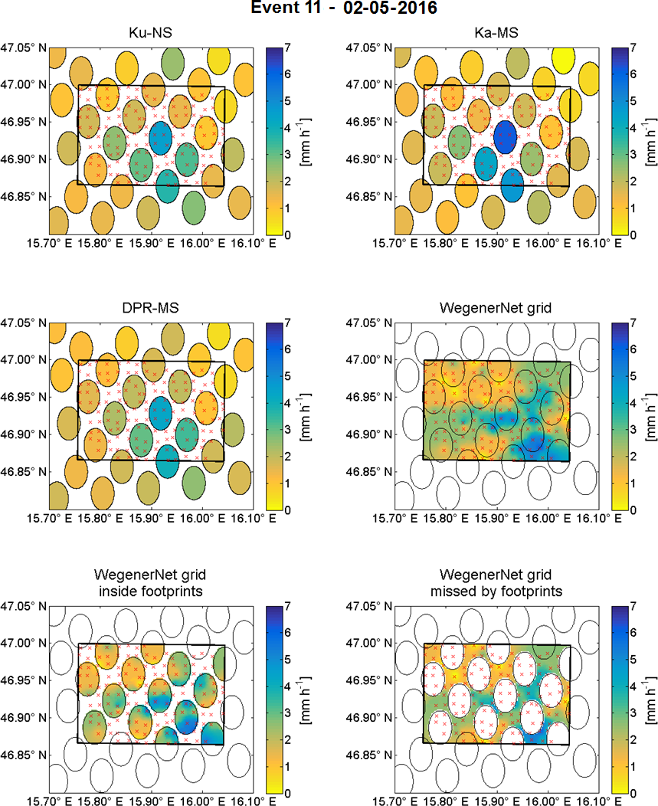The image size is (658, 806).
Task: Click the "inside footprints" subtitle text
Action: (151, 591)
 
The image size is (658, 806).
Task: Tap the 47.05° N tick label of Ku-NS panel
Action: (24, 48)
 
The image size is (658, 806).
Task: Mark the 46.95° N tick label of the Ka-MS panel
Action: (370, 122)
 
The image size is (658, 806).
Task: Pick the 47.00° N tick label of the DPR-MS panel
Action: (24, 360)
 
